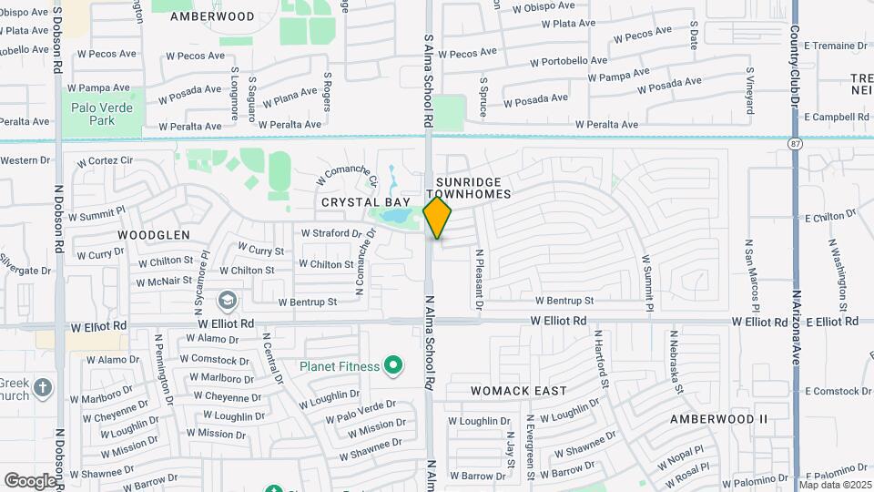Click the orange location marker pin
[x=438, y=217]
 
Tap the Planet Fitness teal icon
[x=393, y=366]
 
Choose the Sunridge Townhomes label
[x=473, y=189]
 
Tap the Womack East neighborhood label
[x=518, y=391]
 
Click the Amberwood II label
[x=718, y=419]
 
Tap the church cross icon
[x=43, y=389]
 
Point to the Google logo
[x=30, y=480]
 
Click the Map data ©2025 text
[x=835, y=485]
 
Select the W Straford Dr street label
[x=325, y=233]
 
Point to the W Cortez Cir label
[x=106, y=162]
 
